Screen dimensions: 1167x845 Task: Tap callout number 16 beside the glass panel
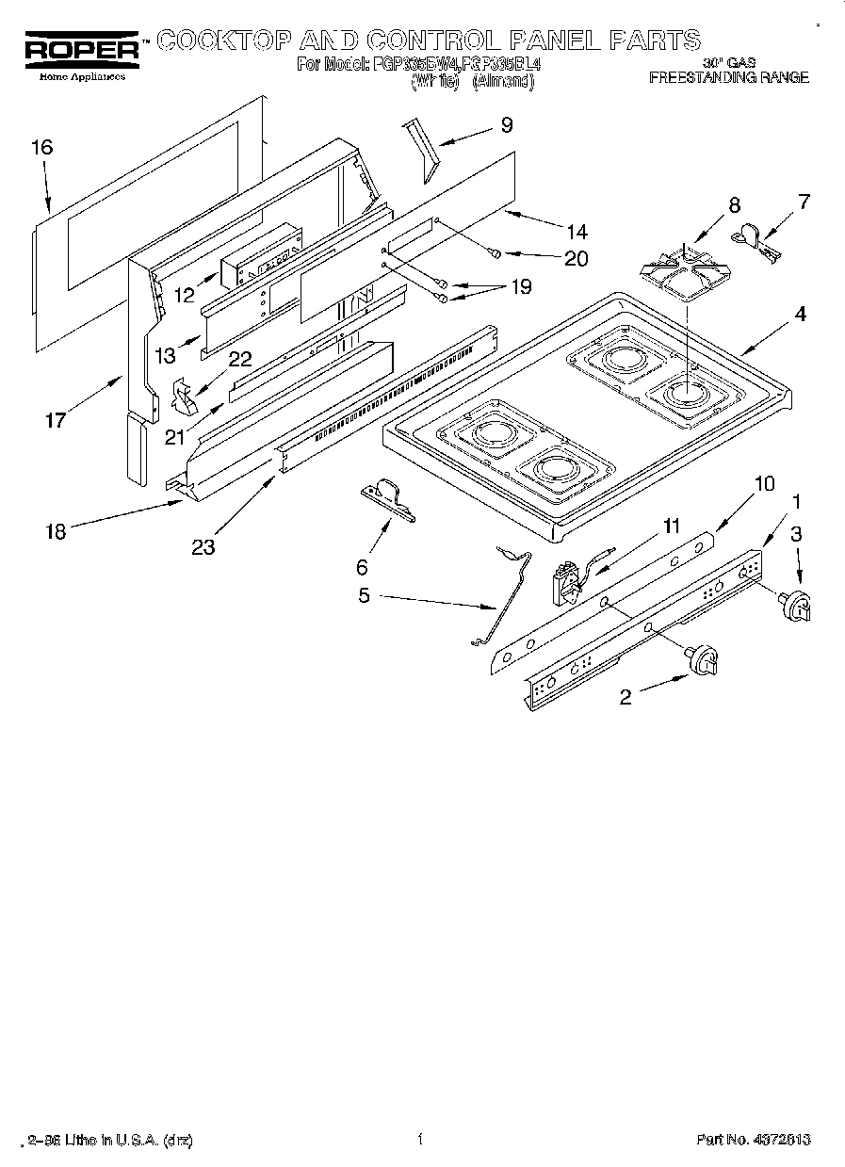click(x=41, y=147)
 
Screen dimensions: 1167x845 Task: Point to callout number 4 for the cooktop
click(x=799, y=315)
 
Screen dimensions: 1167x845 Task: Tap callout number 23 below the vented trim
click(x=203, y=546)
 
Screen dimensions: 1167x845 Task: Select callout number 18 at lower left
click(x=56, y=531)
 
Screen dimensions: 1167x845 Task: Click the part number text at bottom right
click(x=754, y=1140)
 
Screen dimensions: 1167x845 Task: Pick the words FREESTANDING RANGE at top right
click(x=728, y=77)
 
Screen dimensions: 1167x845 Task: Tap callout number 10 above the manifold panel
click(x=764, y=483)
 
